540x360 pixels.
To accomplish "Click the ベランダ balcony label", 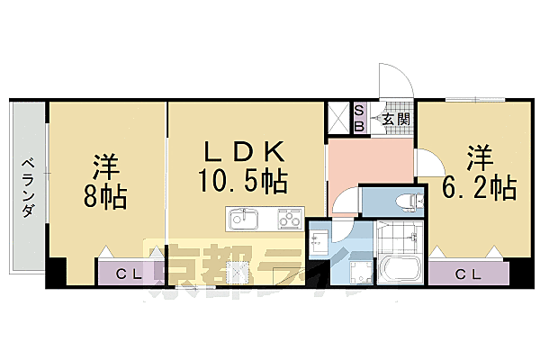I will point(28,188).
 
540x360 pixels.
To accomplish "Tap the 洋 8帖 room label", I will point(106,180).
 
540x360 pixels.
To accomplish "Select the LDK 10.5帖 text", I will point(243,166).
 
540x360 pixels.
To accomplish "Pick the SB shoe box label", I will point(359,118).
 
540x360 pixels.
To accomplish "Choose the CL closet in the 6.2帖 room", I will point(465,273).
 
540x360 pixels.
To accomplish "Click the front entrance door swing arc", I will point(396,83).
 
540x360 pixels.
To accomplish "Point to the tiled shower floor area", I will point(399,237).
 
